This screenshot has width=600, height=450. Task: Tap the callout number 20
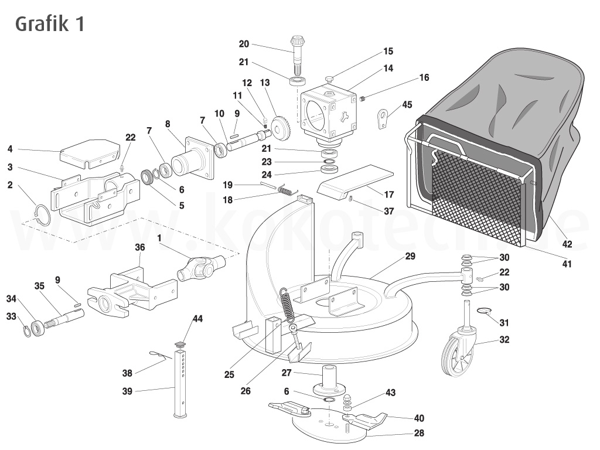(x=244, y=43)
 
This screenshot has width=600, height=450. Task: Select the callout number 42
(x=567, y=244)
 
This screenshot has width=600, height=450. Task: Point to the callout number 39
(x=127, y=391)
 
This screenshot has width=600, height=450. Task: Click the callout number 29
(x=410, y=257)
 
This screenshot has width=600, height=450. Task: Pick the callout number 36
(x=139, y=247)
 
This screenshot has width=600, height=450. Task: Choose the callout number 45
(x=407, y=105)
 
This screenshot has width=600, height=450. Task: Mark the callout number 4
(x=10, y=148)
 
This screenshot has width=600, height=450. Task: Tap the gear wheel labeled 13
(x=282, y=126)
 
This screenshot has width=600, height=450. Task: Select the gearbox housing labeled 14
(x=327, y=112)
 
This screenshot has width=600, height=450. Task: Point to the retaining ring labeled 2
(x=42, y=214)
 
